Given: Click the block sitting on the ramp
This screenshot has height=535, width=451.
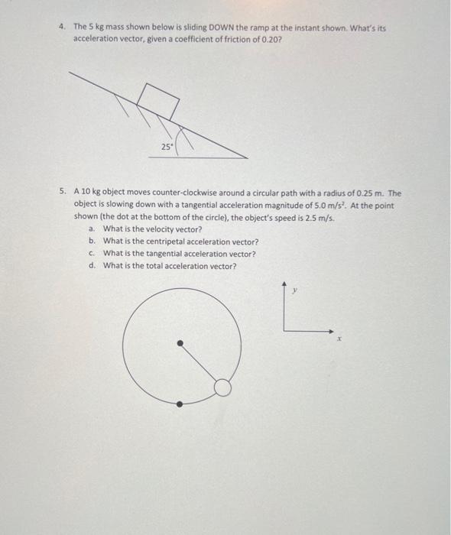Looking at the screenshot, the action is pos(158,99).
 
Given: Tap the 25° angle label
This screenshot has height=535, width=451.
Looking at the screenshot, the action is pos(167,147).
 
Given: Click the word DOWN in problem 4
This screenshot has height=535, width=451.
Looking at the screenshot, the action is pos(201,28).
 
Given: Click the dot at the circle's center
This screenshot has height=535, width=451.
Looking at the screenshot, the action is pos(180,344).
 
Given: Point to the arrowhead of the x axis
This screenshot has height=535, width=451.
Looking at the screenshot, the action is pos(332,331).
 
